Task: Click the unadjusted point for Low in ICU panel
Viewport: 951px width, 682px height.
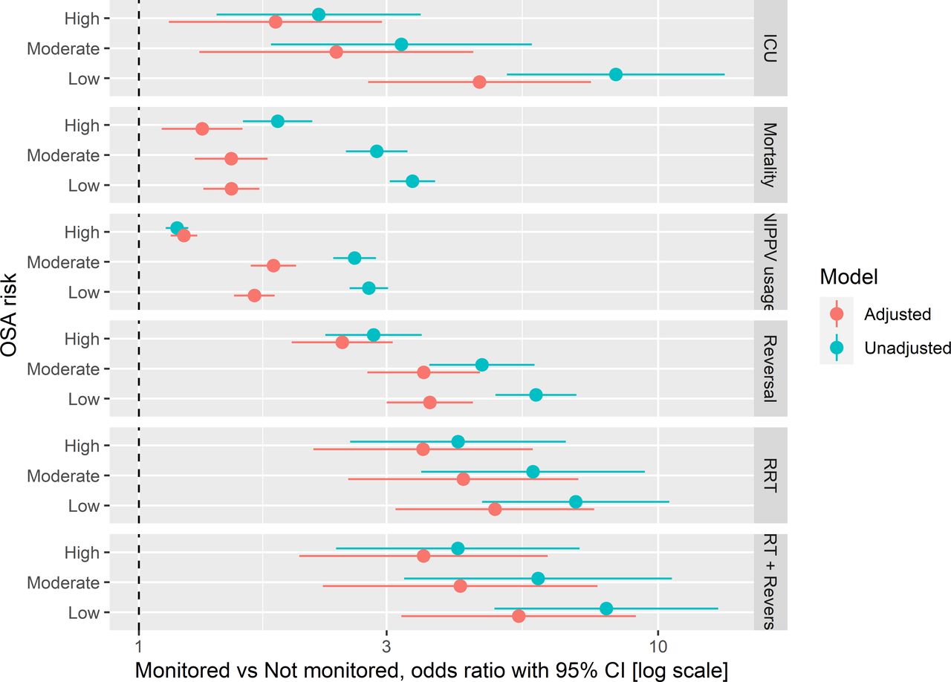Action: (x=615, y=74)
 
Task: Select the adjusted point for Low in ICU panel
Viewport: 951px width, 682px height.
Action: (x=479, y=82)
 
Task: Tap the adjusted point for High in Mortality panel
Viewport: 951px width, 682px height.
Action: (x=202, y=129)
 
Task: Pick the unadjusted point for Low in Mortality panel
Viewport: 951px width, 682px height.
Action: (x=412, y=181)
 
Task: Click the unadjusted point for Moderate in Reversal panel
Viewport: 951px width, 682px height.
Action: (x=482, y=365)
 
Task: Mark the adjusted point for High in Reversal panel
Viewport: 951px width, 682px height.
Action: (x=342, y=342)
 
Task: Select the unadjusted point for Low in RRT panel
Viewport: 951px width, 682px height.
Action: (x=576, y=502)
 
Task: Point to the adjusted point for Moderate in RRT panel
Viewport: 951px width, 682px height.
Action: (x=464, y=479)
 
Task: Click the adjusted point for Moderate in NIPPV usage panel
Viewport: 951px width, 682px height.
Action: (x=273, y=265)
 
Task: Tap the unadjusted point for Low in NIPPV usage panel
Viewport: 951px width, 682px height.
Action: (x=369, y=288)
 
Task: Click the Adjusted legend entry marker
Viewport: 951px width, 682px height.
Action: (x=837, y=314)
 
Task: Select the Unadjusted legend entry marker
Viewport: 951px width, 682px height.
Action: (x=837, y=348)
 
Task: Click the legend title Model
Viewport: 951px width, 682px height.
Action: (x=849, y=277)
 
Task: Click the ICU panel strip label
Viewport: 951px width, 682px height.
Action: (x=770, y=48)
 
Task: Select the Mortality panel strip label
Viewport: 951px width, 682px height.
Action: (x=770, y=155)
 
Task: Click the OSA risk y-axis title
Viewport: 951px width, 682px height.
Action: (x=10, y=315)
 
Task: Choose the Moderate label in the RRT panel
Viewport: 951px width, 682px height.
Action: (x=63, y=475)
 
